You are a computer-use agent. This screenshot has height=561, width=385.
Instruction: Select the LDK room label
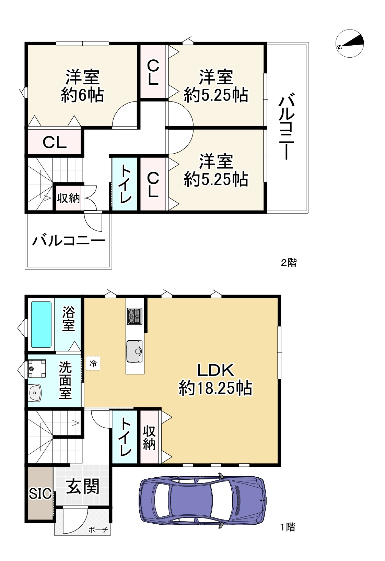215,370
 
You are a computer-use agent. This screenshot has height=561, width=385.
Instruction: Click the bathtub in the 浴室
42,324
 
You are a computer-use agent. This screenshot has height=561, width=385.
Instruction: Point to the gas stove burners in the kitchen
134,316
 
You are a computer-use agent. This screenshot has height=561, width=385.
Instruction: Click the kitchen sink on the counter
134,351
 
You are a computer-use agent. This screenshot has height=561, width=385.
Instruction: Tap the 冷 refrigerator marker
93,363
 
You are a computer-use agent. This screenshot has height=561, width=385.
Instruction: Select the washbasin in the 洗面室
35,392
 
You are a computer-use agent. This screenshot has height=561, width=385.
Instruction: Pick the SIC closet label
40,494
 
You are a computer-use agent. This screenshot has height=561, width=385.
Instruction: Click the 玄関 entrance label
83,487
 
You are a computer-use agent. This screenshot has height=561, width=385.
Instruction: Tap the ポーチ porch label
98,530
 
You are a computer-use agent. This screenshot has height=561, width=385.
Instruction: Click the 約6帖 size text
82,95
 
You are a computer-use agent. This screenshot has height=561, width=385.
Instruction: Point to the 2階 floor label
289,263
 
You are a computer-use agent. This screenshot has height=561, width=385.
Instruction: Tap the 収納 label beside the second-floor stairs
69,198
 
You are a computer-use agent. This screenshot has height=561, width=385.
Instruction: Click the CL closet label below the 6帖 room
55,142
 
